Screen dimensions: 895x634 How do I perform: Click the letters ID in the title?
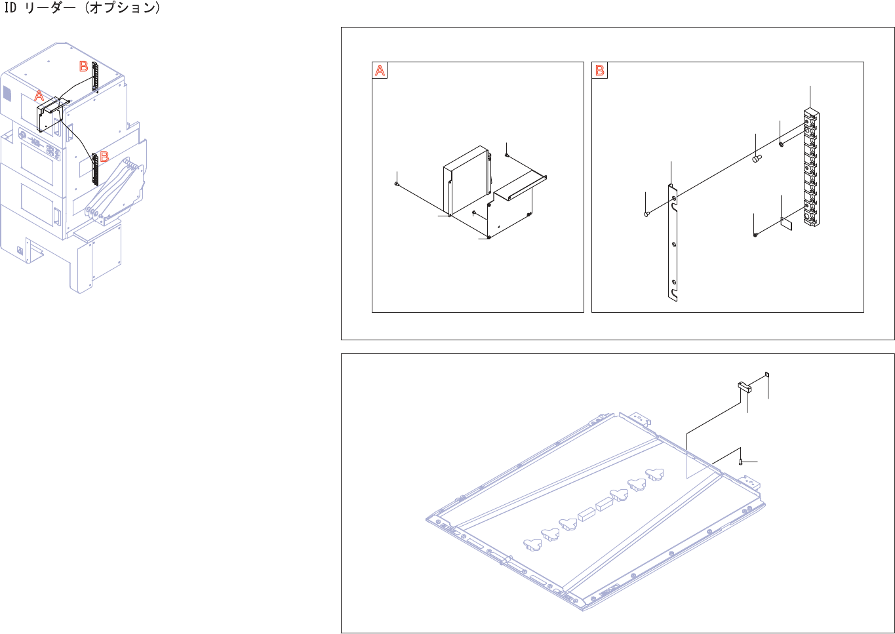tap(10, 8)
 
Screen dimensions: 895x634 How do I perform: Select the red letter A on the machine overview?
tap(39, 96)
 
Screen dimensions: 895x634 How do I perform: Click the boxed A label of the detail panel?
tap(380, 70)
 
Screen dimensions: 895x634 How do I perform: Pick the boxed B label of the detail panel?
tap(599, 70)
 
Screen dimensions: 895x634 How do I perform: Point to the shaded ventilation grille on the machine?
tap(7, 94)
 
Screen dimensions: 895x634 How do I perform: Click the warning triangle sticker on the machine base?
tap(20, 250)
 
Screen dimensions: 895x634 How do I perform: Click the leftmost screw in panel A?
tap(396, 184)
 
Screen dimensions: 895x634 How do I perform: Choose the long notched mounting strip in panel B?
tap(673, 243)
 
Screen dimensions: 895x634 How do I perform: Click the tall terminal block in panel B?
tap(811, 167)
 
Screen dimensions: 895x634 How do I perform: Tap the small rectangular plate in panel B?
tap(787, 224)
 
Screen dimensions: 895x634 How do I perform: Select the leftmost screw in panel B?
tap(646, 214)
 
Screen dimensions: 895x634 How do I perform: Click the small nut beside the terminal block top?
tap(781, 144)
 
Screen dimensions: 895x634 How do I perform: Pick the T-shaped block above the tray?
tap(744, 387)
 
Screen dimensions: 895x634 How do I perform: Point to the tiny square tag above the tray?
tap(766, 375)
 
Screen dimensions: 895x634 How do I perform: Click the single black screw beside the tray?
tap(740, 462)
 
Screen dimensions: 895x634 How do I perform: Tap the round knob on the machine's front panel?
tap(21, 135)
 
